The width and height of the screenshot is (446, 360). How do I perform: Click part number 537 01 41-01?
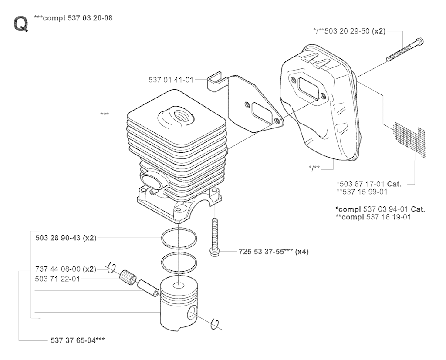pos(171,80)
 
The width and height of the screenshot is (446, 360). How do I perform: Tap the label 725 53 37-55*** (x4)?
pos(274,252)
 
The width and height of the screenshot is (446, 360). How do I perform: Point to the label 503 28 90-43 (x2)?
pos(66,238)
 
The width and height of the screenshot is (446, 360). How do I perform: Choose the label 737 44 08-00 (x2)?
pos(66,269)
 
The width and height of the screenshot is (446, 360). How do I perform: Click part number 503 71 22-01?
pos(57,279)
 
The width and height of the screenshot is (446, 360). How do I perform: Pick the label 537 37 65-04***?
pos(78,340)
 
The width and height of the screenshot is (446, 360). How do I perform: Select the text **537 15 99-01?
pos(362,192)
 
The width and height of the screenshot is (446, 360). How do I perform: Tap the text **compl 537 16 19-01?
pos(373,217)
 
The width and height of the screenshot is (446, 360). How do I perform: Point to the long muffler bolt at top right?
pos(405,50)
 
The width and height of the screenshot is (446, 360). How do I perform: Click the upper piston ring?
pos(179,238)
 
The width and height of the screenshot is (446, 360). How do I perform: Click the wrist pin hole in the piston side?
pos(192,313)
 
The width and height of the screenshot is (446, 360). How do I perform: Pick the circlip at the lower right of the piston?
pos(217,325)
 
